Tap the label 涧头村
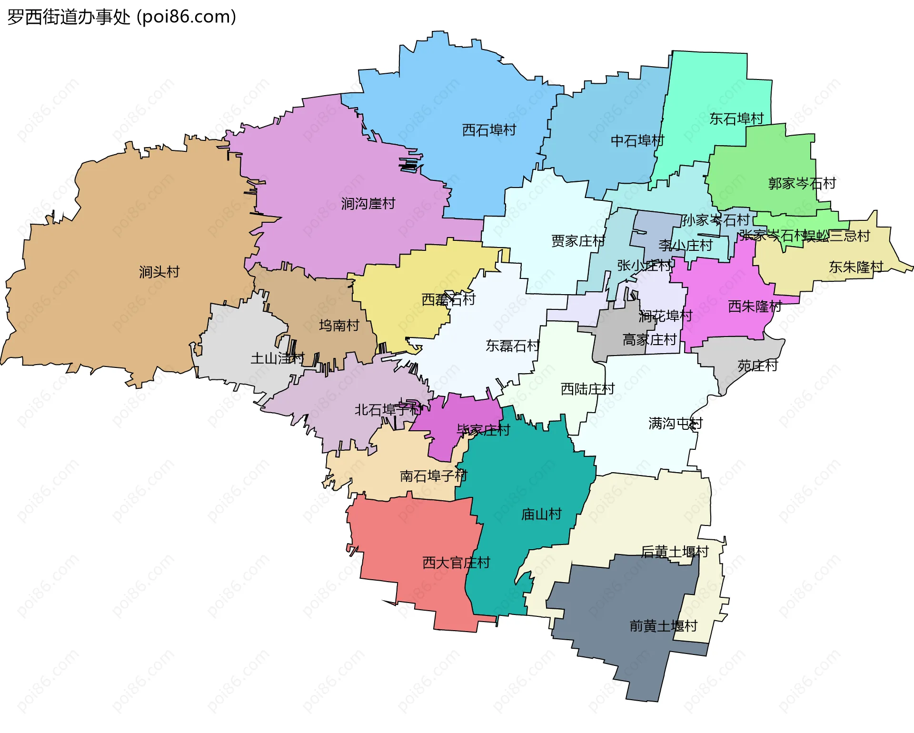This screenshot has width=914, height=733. [x=159, y=272]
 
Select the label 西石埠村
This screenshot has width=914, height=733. [x=489, y=130]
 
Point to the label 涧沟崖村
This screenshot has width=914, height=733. [x=368, y=204]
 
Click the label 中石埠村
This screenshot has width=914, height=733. [x=637, y=141]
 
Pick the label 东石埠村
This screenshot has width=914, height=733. [x=736, y=119]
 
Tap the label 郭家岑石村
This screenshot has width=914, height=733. [x=802, y=183]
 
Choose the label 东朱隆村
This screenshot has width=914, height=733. [x=855, y=267]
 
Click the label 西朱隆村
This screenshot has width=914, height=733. [x=755, y=307]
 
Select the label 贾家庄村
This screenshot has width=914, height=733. [x=578, y=241]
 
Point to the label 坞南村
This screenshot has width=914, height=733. [x=339, y=326]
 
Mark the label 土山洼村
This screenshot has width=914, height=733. [x=277, y=358]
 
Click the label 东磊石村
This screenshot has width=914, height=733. [x=512, y=346]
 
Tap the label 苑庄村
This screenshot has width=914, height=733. [x=757, y=366]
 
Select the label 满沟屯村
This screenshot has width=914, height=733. [x=675, y=423]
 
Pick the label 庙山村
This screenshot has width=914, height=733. [x=541, y=514]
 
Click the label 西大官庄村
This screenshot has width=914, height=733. [x=456, y=563]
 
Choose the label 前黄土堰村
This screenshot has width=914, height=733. [x=663, y=626]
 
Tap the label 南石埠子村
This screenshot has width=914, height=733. [x=433, y=476]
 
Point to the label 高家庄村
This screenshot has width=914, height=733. [x=649, y=340]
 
